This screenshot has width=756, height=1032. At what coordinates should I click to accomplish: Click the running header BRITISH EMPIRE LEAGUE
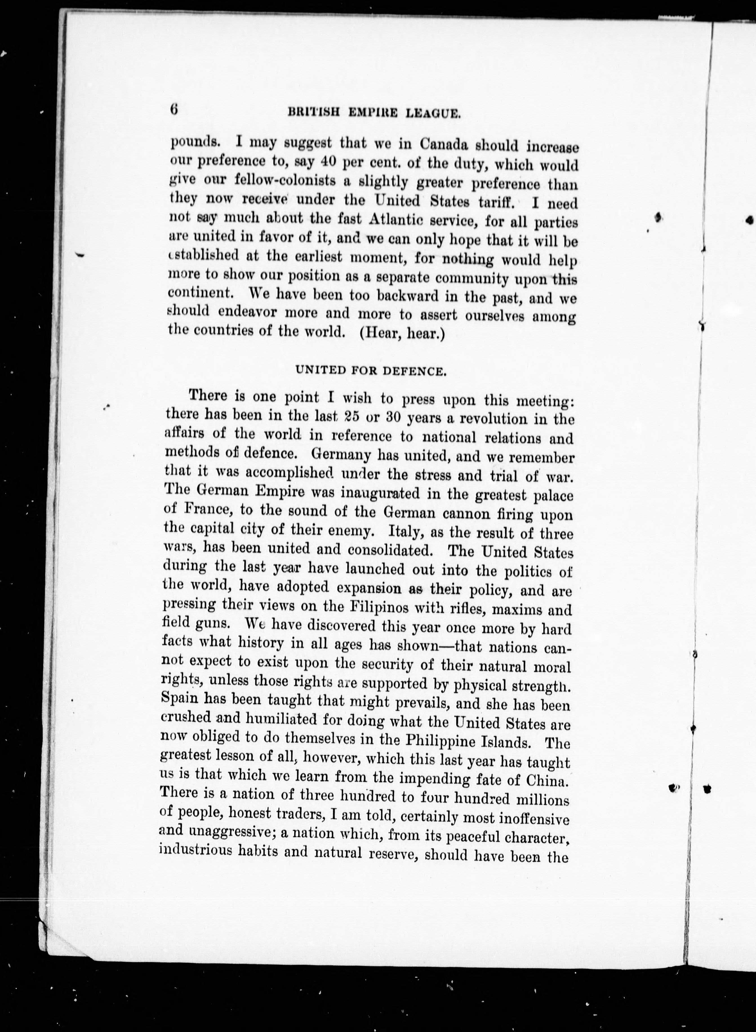(x=373, y=113)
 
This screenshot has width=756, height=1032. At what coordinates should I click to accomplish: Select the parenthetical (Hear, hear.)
(x=403, y=333)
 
